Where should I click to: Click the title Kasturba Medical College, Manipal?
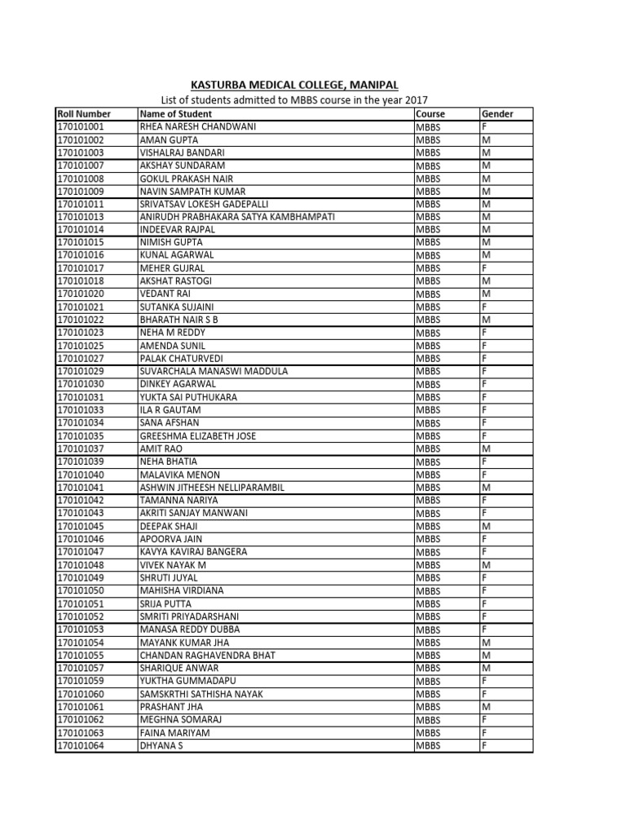point(294,85)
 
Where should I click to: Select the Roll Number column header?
point(84,114)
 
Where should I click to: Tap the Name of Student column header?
point(176,114)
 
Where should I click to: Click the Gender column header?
point(497,114)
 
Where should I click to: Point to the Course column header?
point(430,114)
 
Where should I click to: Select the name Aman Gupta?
point(170,140)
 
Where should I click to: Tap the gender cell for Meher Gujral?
point(485,268)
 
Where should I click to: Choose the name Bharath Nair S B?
point(179,320)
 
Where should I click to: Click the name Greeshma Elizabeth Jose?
point(198,435)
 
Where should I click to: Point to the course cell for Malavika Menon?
point(428,475)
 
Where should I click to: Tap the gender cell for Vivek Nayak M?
point(486,564)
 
